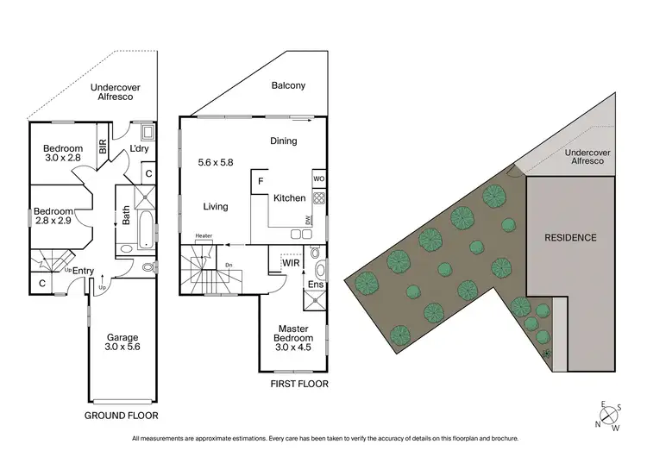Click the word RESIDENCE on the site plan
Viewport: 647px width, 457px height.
point(570,237)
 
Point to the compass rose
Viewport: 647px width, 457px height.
point(607,416)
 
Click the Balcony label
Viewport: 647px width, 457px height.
point(288,86)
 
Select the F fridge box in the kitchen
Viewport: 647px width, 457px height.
point(260,182)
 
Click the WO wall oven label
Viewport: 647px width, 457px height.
point(317,179)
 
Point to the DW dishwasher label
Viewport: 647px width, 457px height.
point(308,221)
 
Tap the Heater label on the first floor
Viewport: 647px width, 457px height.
point(204,235)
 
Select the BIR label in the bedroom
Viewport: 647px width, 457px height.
point(103,147)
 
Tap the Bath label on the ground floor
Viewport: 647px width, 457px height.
point(126,215)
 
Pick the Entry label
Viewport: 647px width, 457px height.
point(84,271)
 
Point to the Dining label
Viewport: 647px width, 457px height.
point(283,141)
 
